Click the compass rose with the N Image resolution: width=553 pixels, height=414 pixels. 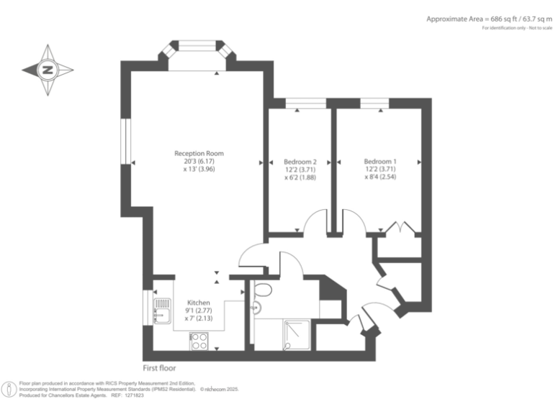(x=48, y=70)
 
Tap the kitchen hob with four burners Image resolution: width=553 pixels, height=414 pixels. (x=199, y=339)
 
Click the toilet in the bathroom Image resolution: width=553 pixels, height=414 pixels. (x=263, y=291)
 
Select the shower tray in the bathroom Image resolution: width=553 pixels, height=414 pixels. (x=296, y=335)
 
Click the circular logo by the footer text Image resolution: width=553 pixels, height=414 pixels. (x=9, y=390)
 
